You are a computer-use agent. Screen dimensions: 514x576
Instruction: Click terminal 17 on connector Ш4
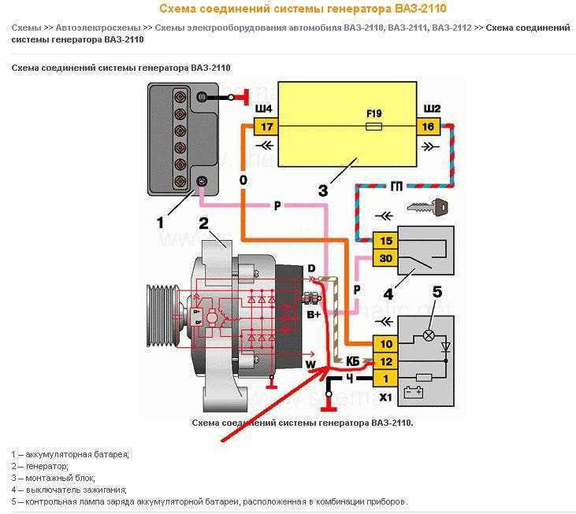[x=266, y=126]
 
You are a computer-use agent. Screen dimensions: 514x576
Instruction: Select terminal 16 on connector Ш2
[x=429, y=126]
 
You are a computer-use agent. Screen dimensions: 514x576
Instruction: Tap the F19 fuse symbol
[x=375, y=125]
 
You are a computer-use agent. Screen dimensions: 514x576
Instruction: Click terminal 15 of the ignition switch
[x=385, y=240]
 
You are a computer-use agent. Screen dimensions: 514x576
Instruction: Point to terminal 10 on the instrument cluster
[x=385, y=344]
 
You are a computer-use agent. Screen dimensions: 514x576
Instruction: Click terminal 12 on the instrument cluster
[x=385, y=361]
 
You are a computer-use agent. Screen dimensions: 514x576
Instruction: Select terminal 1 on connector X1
[x=385, y=379]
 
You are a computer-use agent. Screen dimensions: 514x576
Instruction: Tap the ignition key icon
[x=428, y=208]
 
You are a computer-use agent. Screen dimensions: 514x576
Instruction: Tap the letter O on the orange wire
[x=243, y=180]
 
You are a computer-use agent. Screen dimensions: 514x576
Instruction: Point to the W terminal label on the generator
[x=310, y=364]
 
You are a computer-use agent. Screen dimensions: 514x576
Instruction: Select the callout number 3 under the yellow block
[x=322, y=190]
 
